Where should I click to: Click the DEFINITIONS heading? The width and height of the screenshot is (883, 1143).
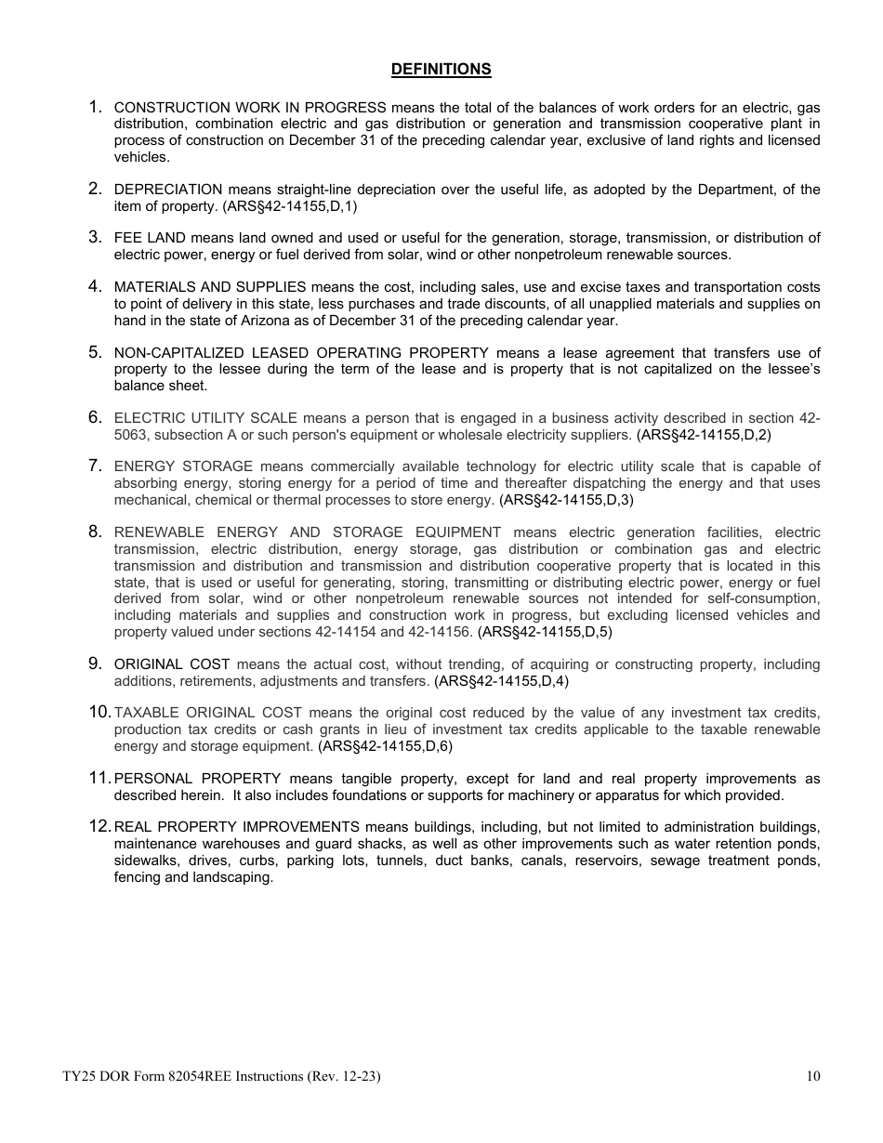tap(441, 70)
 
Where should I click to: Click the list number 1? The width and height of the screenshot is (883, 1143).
tap(95, 108)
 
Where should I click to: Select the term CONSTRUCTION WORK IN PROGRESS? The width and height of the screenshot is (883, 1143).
tap(250, 108)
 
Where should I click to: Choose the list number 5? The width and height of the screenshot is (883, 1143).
tap(95, 352)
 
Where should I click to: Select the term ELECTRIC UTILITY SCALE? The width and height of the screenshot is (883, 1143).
tap(205, 418)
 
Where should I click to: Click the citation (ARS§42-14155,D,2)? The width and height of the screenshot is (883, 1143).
tap(704, 435)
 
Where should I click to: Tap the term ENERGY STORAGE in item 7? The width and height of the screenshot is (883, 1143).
tap(183, 466)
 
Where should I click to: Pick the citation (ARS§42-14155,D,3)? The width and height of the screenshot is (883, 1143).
tap(566, 500)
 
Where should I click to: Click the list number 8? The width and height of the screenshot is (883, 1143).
tap(95, 532)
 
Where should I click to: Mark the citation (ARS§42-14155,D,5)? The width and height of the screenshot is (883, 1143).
tap(545, 632)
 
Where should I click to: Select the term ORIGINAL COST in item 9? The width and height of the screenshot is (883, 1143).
tap(171, 664)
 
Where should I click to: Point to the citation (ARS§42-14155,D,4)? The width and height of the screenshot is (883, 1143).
tap(501, 681)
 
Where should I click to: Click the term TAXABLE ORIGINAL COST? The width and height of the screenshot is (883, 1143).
tap(208, 713)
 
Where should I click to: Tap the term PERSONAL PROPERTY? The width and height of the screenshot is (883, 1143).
tap(197, 779)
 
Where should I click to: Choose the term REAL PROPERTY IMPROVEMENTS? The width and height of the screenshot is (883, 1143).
tap(237, 827)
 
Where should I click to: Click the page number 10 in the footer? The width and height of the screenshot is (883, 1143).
tap(813, 1077)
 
